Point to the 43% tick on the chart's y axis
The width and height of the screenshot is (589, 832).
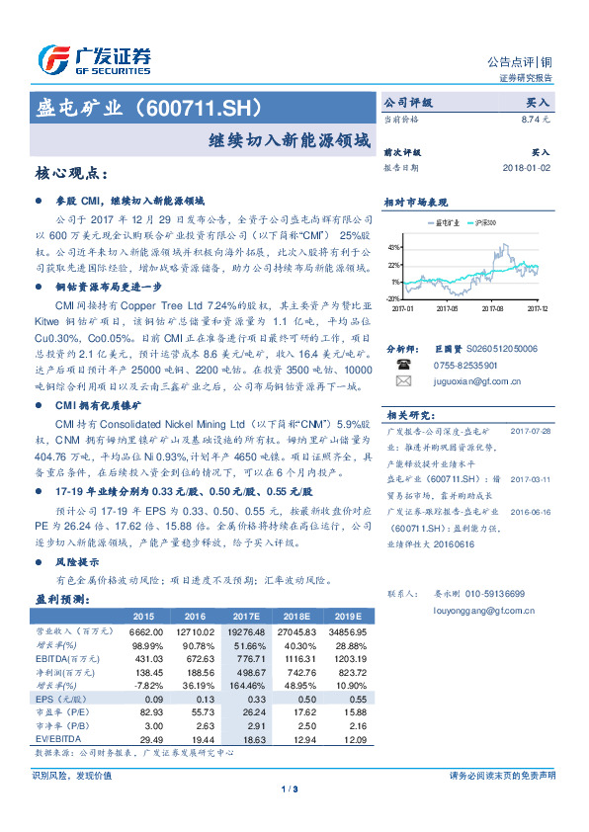click(x=393, y=247)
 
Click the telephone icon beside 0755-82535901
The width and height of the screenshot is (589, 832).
click(x=402, y=365)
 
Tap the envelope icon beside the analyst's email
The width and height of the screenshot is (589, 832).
click(x=402, y=380)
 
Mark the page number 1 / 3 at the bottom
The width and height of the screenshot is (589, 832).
click(x=290, y=789)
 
